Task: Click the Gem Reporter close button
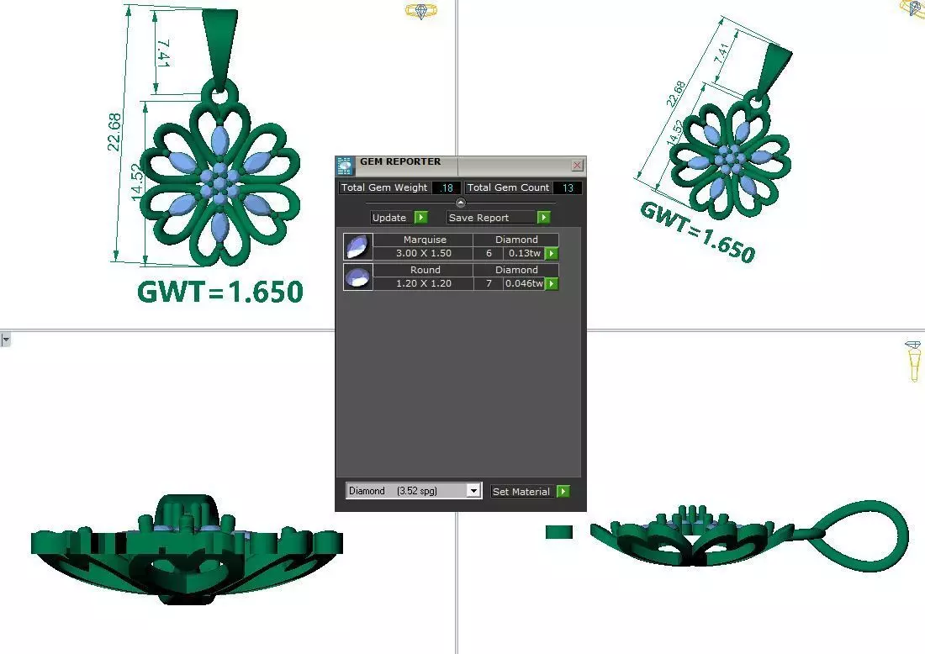(x=577, y=166)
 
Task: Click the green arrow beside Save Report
(x=543, y=218)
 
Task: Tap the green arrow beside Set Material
(x=563, y=491)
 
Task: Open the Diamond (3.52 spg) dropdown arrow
(x=473, y=491)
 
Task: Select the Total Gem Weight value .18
(x=446, y=187)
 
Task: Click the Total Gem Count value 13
(x=568, y=187)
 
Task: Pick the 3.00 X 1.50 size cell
(x=423, y=253)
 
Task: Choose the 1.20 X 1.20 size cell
(x=423, y=283)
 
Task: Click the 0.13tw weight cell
(x=524, y=253)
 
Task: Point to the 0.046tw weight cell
(x=524, y=283)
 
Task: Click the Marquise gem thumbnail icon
(x=357, y=246)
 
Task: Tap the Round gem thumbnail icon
(x=357, y=277)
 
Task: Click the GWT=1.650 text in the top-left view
(x=219, y=292)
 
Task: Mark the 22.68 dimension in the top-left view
(x=115, y=132)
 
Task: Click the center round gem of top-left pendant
(x=219, y=181)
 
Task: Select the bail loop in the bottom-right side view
(x=865, y=530)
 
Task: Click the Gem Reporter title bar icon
(x=345, y=166)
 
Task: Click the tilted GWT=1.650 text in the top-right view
(x=697, y=232)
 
